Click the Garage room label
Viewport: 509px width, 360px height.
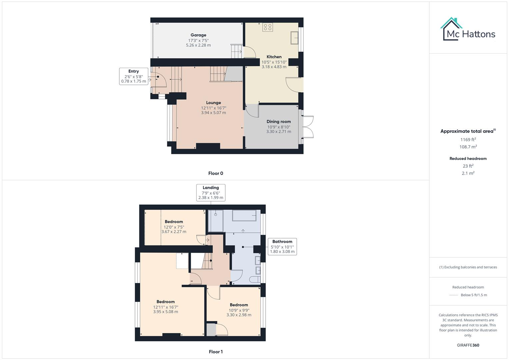point(198,35)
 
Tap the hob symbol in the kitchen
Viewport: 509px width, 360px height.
point(267,27)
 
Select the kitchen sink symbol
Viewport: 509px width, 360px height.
point(294,38)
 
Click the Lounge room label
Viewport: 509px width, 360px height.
point(213,103)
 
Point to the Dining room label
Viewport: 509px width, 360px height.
point(279,122)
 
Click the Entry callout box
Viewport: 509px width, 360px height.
point(133,76)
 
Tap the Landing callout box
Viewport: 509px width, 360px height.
point(211,193)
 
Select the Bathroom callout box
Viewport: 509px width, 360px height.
point(282,247)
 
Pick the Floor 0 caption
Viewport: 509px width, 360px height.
point(216,173)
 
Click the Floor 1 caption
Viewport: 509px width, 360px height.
point(216,352)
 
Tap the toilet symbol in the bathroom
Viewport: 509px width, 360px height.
point(256,279)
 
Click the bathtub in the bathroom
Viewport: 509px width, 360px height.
point(244,216)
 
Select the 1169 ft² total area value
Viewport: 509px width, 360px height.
point(468,140)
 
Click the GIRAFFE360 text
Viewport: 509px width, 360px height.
point(468,345)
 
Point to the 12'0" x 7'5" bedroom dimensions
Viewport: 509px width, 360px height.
point(174,227)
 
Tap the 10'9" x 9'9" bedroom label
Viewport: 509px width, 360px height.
point(239,305)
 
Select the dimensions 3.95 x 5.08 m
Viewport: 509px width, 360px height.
point(166,312)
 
